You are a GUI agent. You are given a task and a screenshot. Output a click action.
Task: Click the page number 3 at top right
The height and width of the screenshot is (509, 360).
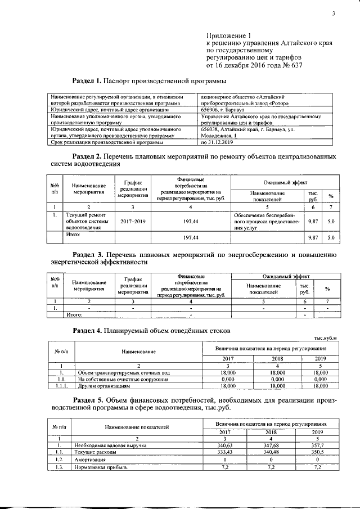click(x=333, y=13)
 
